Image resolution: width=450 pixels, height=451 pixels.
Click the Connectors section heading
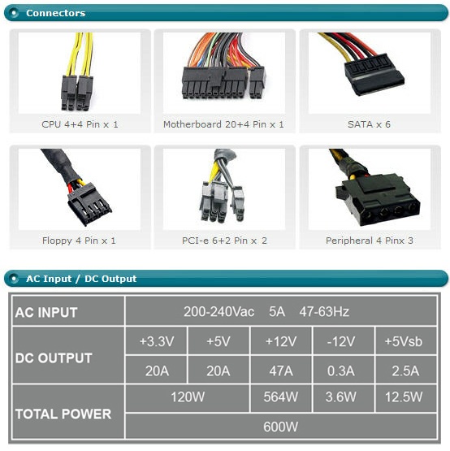[x=55, y=13]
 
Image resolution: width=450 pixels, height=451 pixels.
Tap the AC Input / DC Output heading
[x=81, y=279]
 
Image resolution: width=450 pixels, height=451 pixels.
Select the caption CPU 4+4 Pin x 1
[x=80, y=124]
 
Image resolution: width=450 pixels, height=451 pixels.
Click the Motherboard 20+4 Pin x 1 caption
[x=223, y=124]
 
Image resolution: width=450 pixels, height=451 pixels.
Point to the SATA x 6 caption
[x=369, y=124]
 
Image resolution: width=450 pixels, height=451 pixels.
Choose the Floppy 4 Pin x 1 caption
[x=79, y=241]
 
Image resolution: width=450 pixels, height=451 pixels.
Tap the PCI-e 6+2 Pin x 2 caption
[x=224, y=241]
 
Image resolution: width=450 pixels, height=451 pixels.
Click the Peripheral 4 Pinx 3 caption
[x=370, y=241]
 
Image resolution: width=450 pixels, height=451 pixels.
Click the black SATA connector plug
[x=374, y=73]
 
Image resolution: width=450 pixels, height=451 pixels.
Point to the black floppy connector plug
[x=89, y=204]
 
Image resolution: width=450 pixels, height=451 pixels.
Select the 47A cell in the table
[x=281, y=371]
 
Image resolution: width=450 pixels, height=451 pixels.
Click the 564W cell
[x=280, y=397]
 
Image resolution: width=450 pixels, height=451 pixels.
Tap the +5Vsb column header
[x=404, y=341]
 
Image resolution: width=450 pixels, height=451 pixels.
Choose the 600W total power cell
[x=280, y=427]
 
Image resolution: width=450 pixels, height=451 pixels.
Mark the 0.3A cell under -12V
[x=340, y=371]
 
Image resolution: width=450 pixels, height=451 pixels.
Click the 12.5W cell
[x=404, y=397]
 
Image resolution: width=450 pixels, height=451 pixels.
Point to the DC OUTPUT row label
[x=54, y=358]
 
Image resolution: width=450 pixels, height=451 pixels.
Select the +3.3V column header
[x=157, y=341]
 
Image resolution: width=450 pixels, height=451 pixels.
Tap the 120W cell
[x=188, y=397]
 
